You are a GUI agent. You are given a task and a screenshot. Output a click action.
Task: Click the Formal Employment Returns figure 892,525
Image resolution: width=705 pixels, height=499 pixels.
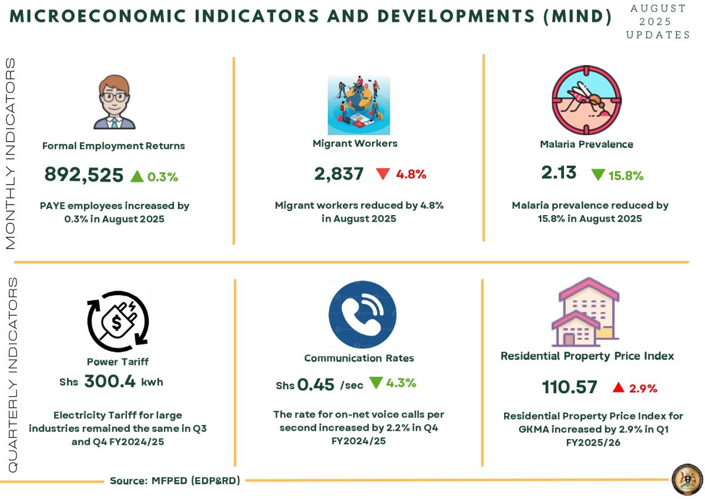click(84, 175)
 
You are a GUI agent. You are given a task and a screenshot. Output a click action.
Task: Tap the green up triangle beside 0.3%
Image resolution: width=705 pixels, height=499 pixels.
click(137, 176)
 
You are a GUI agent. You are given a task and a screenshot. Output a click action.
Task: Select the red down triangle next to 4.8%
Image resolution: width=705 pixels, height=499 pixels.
click(383, 174)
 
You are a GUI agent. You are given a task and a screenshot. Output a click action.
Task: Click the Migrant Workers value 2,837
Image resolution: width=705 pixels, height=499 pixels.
click(339, 174)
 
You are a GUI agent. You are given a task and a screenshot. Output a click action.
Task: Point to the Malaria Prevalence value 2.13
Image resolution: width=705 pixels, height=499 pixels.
click(559, 173)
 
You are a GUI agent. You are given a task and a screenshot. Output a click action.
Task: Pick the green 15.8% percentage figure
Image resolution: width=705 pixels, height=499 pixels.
click(626, 175)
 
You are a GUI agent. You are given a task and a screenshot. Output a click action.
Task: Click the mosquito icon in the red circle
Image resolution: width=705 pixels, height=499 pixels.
click(586, 100)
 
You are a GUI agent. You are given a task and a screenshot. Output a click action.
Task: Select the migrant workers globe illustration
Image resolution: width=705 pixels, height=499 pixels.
click(358, 105)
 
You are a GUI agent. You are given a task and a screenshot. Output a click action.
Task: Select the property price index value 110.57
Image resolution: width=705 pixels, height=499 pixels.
click(569, 387)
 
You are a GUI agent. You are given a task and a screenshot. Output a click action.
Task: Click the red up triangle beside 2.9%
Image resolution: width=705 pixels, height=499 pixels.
click(618, 387)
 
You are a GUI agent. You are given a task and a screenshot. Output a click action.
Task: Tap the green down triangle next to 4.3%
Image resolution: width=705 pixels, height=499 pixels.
click(376, 383)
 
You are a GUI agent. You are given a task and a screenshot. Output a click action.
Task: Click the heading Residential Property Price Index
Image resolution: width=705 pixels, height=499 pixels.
click(587, 356)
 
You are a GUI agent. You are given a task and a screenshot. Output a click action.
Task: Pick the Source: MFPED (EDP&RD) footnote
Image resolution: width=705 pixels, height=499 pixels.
click(175, 481)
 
